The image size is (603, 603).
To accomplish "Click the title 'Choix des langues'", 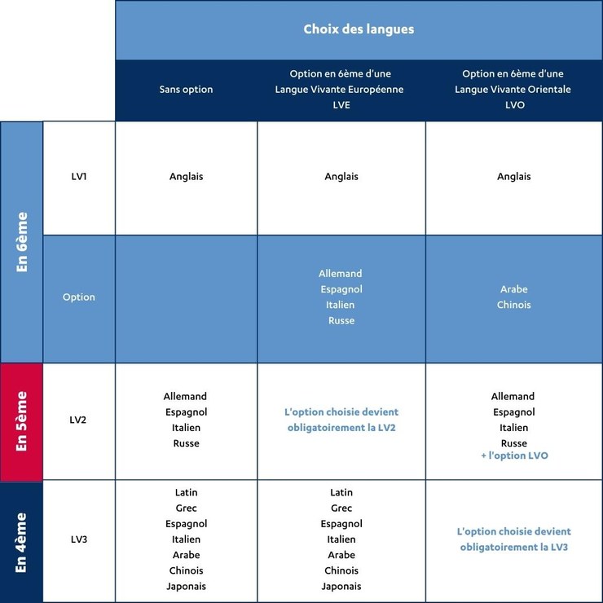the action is (x=359, y=29).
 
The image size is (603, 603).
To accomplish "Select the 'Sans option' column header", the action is (x=186, y=89).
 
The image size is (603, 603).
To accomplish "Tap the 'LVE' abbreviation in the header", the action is (x=341, y=105).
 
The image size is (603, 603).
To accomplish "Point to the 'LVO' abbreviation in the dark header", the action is (x=515, y=105).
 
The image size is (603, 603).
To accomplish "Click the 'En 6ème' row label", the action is (x=22, y=242).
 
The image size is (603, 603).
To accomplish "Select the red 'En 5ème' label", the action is (x=22, y=421).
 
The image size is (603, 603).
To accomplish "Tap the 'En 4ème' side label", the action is (x=21, y=542).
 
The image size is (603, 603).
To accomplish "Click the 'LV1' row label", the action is (x=79, y=177).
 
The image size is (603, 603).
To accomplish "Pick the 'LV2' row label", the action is (x=78, y=420).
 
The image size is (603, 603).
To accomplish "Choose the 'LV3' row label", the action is (x=79, y=539).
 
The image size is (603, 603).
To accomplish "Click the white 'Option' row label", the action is (x=79, y=297).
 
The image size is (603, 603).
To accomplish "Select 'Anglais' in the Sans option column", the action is (x=186, y=177).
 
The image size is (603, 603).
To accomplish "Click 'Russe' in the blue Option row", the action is (x=341, y=320).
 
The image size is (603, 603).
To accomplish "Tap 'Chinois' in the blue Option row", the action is (x=514, y=305).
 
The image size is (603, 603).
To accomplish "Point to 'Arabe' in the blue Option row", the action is (x=514, y=289).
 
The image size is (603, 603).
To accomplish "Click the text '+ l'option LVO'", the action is (x=514, y=456).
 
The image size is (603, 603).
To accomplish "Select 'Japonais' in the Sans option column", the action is (x=186, y=587).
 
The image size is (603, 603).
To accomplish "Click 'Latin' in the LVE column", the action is (x=341, y=492).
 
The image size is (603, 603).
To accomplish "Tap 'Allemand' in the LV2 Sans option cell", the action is (x=185, y=396).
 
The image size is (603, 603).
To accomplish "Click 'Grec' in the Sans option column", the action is (x=186, y=508).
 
